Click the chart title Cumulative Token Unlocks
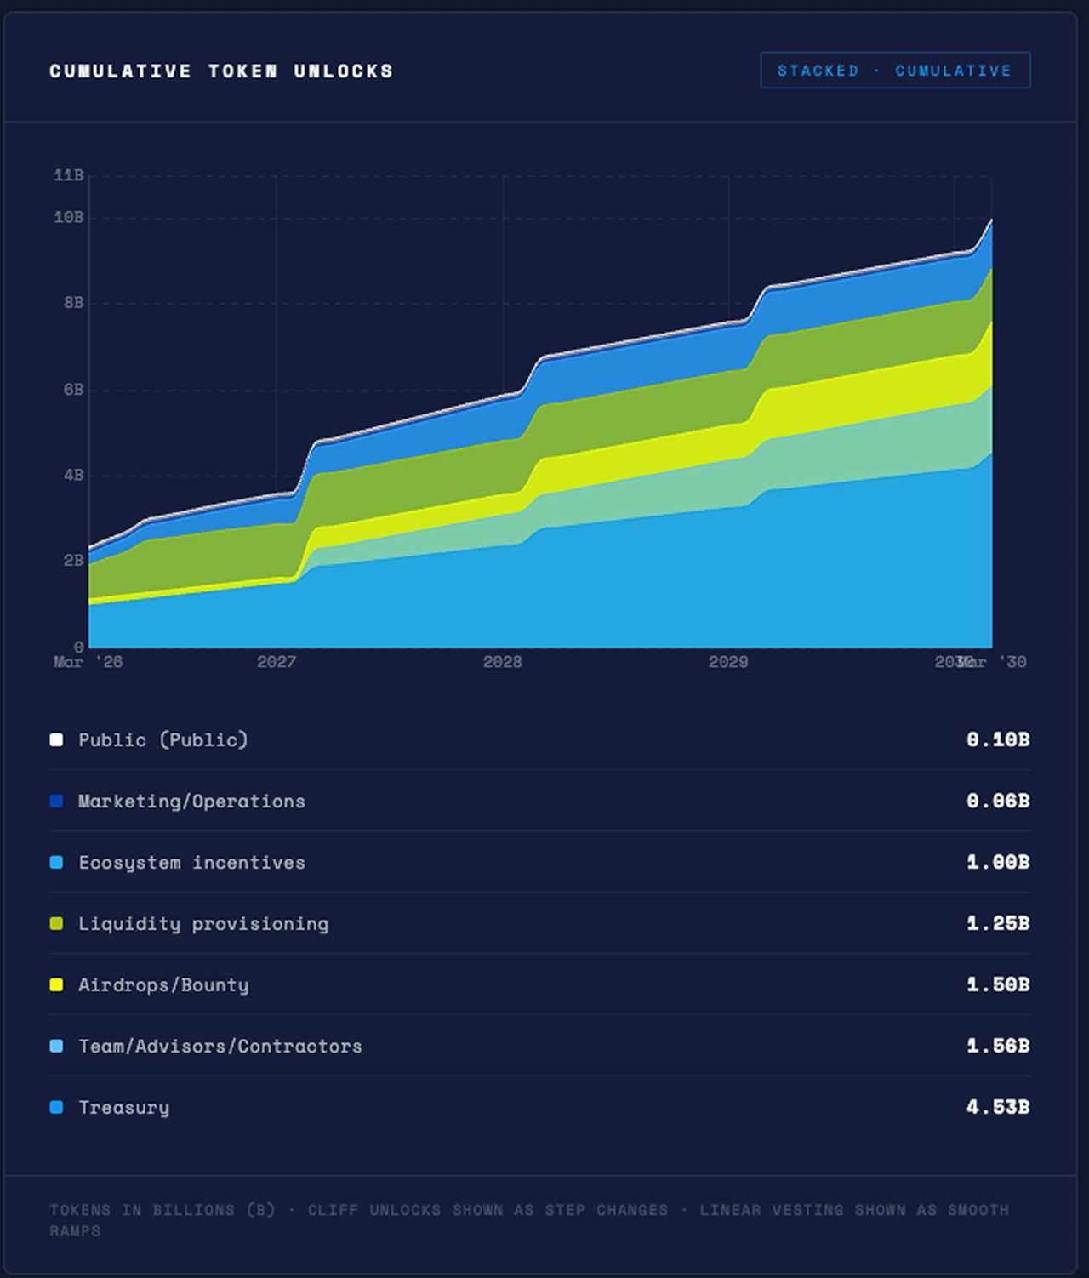click(x=221, y=71)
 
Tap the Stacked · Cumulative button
click(x=894, y=71)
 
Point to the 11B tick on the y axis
click(x=69, y=175)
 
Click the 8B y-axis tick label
click(x=73, y=303)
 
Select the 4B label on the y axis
click(x=73, y=475)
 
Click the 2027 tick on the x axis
click(x=277, y=662)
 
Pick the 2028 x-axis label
click(x=503, y=662)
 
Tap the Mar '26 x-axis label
click(x=88, y=662)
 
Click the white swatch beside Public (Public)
click(x=56, y=739)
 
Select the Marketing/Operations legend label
click(x=191, y=802)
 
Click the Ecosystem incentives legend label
click(x=191, y=863)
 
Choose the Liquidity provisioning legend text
click(x=203, y=924)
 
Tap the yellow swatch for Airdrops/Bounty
click(x=56, y=985)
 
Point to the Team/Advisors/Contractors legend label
click(x=220, y=1047)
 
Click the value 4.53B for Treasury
click(x=997, y=1107)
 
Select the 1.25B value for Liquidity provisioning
click(x=997, y=923)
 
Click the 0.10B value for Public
click(x=997, y=739)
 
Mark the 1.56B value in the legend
click(x=997, y=1046)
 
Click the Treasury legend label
click(x=124, y=1108)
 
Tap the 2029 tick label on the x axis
click(x=728, y=662)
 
